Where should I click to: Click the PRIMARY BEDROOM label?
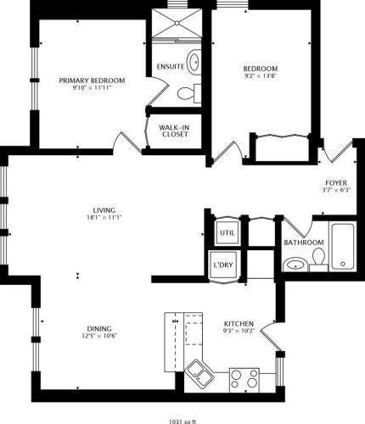92,81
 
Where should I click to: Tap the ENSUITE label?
172,66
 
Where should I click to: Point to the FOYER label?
336,182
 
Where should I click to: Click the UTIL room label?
227,232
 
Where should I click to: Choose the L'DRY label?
223,265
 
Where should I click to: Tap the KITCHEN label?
237,324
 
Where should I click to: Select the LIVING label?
104,209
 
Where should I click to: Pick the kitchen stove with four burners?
244,379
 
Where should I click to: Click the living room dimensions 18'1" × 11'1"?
104,218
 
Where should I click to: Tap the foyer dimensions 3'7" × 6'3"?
336,191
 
